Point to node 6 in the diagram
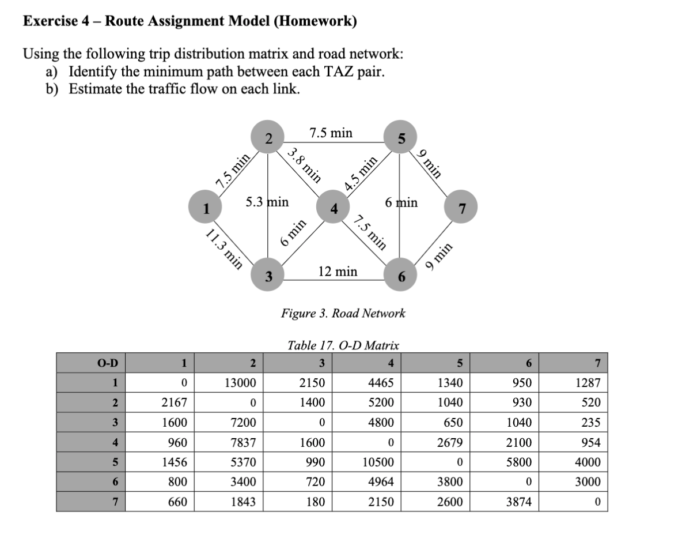(x=401, y=277)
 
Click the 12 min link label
(x=338, y=271)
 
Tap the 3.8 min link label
(x=304, y=163)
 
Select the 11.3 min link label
(x=224, y=249)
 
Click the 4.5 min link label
(x=362, y=173)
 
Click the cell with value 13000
(x=229, y=382)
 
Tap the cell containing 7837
(x=229, y=442)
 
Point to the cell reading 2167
(x=160, y=402)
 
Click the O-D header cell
(x=92, y=363)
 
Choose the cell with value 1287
(x=573, y=382)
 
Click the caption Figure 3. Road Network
(x=343, y=314)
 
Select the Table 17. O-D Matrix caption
(x=343, y=346)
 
